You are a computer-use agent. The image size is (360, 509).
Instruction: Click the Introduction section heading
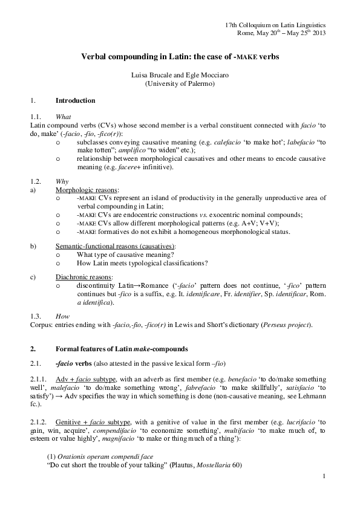[75, 100]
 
